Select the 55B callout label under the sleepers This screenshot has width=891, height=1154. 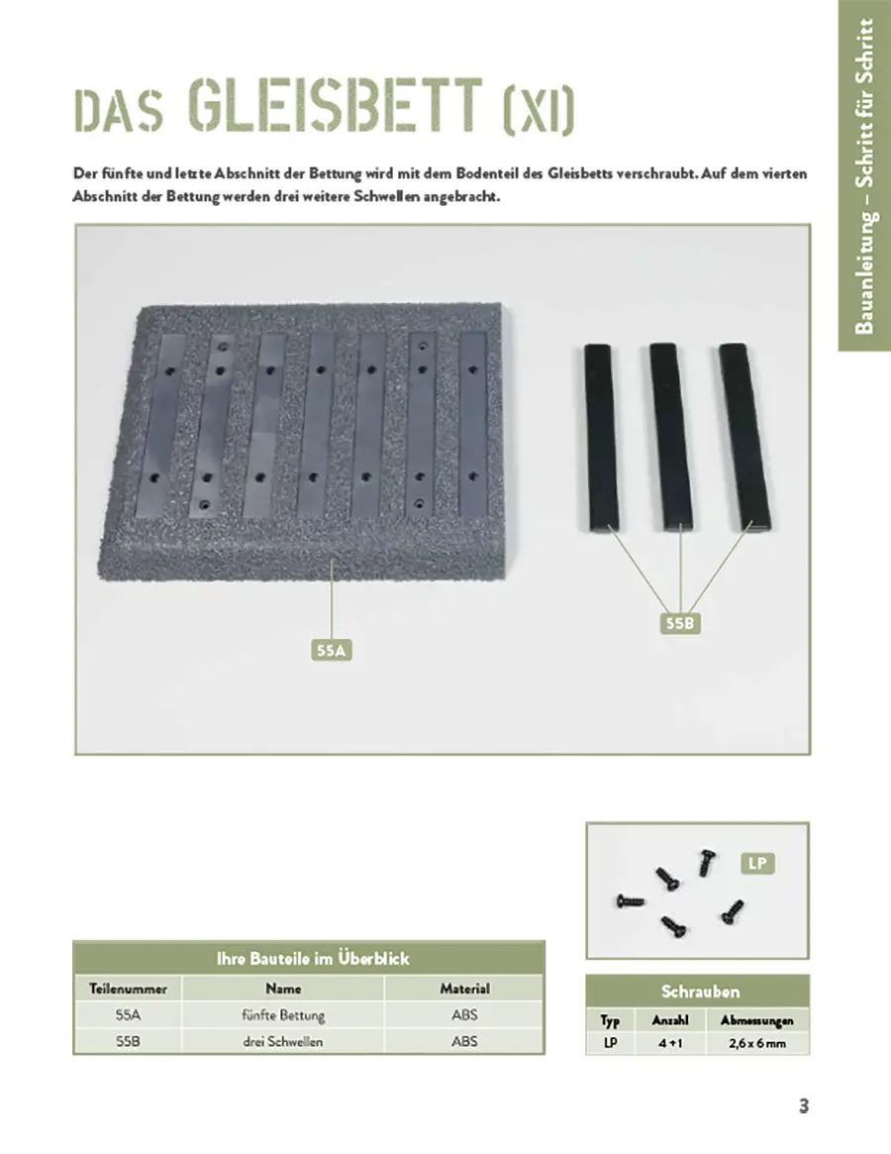[x=681, y=624]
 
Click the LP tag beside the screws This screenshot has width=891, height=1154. [x=756, y=864]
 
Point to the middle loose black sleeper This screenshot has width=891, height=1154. [x=670, y=435]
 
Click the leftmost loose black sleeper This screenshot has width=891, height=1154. [x=600, y=435]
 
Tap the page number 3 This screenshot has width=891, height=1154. [x=804, y=1106]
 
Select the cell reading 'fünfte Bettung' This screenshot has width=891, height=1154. [x=283, y=1015]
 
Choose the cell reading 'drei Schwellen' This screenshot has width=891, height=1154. [x=283, y=1042]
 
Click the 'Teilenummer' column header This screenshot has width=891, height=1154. [x=128, y=989]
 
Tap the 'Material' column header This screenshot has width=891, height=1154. [x=464, y=989]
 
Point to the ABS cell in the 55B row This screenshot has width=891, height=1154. [x=464, y=1042]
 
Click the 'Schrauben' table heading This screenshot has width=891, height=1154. [x=700, y=992]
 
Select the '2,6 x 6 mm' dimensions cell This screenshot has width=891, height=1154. [x=756, y=1044]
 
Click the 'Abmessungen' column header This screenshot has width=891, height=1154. [x=756, y=1020]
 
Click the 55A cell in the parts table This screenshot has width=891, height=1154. [x=128, y=1015]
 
